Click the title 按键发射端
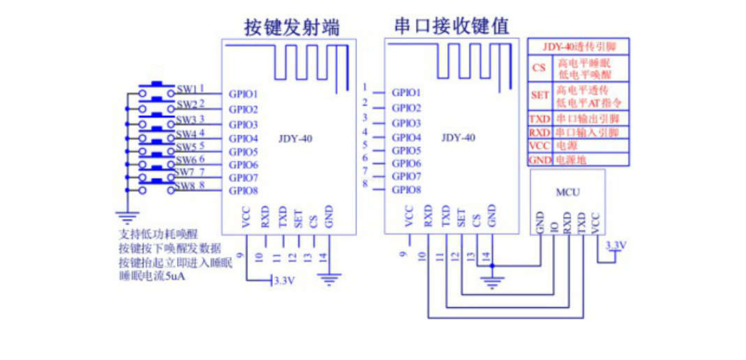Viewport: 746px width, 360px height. pyautogui.click(x=292, y=28)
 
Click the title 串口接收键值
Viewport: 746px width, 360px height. pyautogui.click(x=451, y=26)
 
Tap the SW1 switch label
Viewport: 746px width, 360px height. pyautogui.click(x=186, y=89)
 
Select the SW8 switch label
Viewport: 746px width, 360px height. pyautogui.click(x=185, y=186)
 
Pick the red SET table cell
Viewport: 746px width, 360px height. pyautogui.click(x=540, y=95)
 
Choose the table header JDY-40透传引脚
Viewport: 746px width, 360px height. pyautogui.click(x=578, y=47)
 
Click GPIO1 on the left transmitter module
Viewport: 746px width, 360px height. pyautogui.click(x=243, y=94)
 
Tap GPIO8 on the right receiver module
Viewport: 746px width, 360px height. pyautogui.click(x=407, y=189)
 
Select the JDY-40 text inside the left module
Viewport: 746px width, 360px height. pyautogui.click(x=295, y=139)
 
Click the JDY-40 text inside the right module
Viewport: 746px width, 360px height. pyautogui.click(x=458, y=138)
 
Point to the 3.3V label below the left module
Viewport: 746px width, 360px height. pyautogui.click(x=284, y=281)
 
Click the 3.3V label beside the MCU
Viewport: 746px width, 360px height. pyautogui.click(x=616, y=245)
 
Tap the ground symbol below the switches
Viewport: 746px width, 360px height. pyautogui.click(x=128, y=219)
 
